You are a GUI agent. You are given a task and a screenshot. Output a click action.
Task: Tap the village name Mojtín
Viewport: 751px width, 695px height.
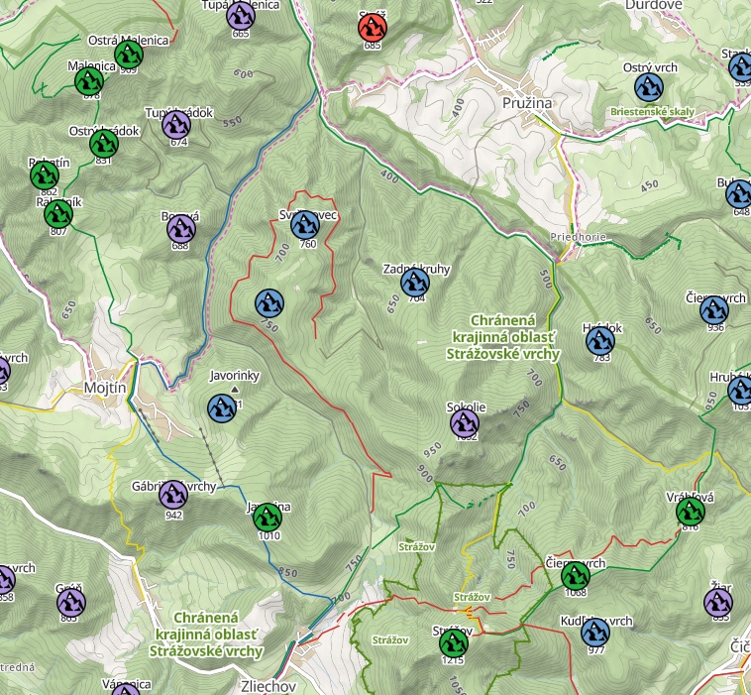coord(105,388)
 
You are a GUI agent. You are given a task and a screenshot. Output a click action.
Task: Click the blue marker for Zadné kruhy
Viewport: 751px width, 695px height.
coord(415,283)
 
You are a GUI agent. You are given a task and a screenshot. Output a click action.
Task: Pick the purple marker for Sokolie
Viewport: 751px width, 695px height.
coord(465,423)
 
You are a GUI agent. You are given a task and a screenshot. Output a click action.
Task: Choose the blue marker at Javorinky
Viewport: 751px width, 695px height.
coord(221,407)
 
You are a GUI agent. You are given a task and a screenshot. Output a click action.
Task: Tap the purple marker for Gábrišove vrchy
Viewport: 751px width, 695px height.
coord(173,493)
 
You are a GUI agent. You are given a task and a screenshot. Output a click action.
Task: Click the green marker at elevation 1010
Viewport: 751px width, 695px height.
coord(266,517)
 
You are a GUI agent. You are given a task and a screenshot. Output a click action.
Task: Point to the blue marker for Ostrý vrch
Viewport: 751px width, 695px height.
coord(649,87)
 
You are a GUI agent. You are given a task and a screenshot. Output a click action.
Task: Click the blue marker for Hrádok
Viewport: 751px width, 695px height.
coord(600,341)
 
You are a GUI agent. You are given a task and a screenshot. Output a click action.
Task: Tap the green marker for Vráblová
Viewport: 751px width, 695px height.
coord(690,511)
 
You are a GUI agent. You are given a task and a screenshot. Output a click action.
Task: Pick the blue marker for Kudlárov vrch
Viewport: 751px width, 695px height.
coord(594,632)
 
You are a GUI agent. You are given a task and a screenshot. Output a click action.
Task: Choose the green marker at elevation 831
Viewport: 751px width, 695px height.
coord(104,144)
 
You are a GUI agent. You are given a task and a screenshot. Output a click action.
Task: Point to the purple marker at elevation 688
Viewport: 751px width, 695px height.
coord(180,229)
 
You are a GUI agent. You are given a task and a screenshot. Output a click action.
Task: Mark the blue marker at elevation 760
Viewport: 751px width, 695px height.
coord(305,225)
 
